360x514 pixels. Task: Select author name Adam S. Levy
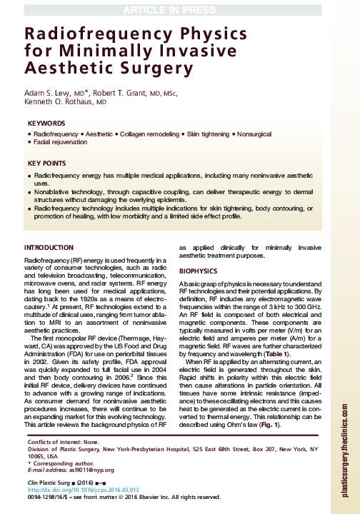click(46, 93)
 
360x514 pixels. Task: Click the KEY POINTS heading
click(47, 163)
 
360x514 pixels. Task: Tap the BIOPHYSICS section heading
click(196, 271)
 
